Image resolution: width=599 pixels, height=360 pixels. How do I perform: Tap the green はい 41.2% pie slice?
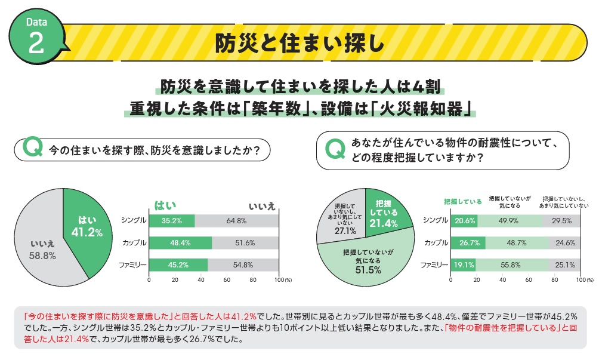click(x=87, y=227)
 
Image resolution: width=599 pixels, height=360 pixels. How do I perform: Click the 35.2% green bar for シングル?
click(x=172, y=220)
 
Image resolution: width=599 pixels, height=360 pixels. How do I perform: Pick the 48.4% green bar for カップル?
click(x=180, y=243)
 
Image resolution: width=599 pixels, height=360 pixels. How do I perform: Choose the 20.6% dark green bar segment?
click(x=464, y=220)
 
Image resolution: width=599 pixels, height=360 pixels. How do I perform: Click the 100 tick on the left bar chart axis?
click(x=279, y=280)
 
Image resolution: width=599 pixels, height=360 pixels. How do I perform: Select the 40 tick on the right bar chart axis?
click(x=503, y=280)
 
